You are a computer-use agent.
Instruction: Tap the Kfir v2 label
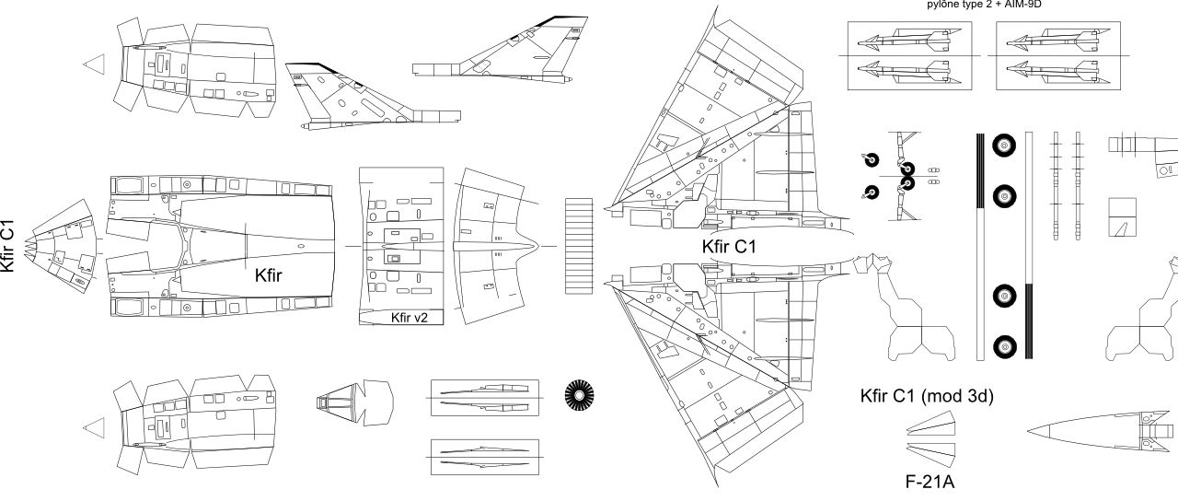410,318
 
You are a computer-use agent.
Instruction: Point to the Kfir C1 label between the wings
729,246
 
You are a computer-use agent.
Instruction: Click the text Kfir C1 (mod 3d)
926,396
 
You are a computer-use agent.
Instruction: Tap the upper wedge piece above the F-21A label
930,425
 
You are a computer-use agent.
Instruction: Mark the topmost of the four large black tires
1003,146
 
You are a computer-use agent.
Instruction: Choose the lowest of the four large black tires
1004,347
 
